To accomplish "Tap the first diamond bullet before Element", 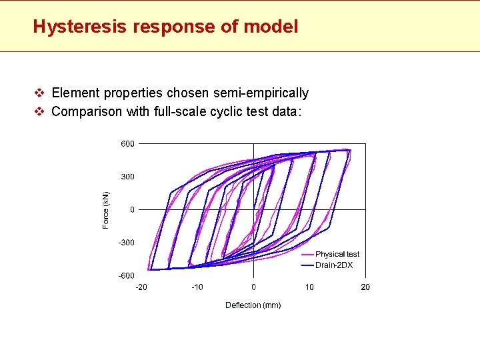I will (x=39, y=93).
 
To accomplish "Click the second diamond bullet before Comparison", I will (x=39, y=111).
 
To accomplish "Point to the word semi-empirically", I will (x=262, y=93).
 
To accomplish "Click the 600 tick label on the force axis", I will (x=127, y=143).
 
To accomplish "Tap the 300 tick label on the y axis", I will (x=127, y=177).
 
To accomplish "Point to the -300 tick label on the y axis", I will (x=125, y=243).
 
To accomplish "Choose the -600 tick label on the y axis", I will (x=125, y=275).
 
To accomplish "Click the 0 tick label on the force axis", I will (x=131, y=209).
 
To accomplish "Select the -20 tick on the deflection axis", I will (x=141, y=287).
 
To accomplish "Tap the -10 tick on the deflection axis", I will (x=197, y=287).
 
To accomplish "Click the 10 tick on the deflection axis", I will (x=309, y=287).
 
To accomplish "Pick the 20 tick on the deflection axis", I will (x=365, y=287).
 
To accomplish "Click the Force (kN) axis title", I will (x=105, y=210).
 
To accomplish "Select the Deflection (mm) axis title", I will (x=253, y=305).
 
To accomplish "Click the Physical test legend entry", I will (x=337, y=254).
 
